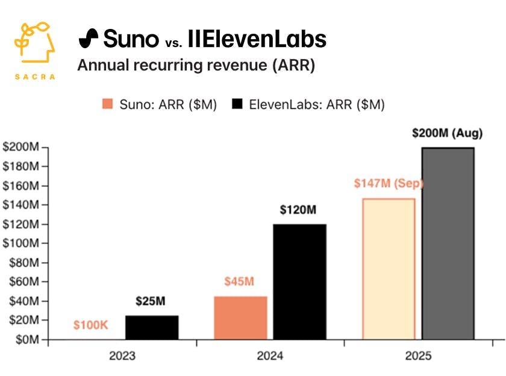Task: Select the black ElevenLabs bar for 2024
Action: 299,282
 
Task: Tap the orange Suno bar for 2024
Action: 241,318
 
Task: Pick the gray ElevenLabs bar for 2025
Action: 448,243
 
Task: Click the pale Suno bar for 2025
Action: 389,269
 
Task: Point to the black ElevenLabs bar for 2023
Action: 152,328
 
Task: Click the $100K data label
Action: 91,325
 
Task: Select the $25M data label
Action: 151,301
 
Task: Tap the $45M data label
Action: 240,282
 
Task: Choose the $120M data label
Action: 299,210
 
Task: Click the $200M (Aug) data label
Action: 447,133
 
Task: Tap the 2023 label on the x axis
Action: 122,356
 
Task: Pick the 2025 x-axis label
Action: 418,356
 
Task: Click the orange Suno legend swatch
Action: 107,104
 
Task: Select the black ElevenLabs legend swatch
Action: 237,104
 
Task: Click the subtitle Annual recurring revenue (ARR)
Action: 196,65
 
